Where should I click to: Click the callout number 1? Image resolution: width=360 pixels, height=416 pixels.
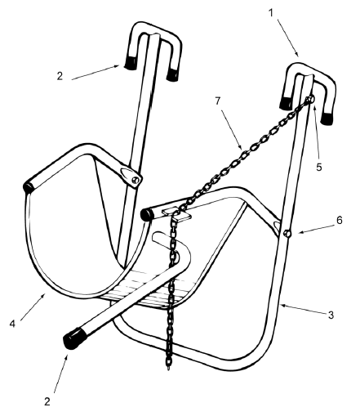271,12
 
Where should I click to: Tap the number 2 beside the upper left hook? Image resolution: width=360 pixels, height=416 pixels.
60,76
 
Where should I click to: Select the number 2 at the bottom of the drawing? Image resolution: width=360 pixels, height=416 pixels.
47,401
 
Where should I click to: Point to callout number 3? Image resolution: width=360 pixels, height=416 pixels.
331,315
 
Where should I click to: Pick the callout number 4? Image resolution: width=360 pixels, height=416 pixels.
12,324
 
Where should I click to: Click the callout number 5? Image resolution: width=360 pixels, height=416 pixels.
319,167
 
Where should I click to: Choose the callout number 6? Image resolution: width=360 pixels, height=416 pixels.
340,220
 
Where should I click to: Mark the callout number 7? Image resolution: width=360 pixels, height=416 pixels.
217,101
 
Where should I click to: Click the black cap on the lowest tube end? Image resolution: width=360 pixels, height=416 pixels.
75,338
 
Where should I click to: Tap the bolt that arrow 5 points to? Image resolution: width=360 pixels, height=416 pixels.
310,100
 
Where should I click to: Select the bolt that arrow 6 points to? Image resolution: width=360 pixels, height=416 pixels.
287,234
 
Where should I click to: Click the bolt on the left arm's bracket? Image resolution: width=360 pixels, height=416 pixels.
136,180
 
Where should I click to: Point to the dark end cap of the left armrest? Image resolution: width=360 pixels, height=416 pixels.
28,188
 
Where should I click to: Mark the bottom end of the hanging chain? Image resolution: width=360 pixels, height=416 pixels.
169,369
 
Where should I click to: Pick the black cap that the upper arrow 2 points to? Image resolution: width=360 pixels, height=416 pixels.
130,64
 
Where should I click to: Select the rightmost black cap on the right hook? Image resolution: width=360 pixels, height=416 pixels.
327,118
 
